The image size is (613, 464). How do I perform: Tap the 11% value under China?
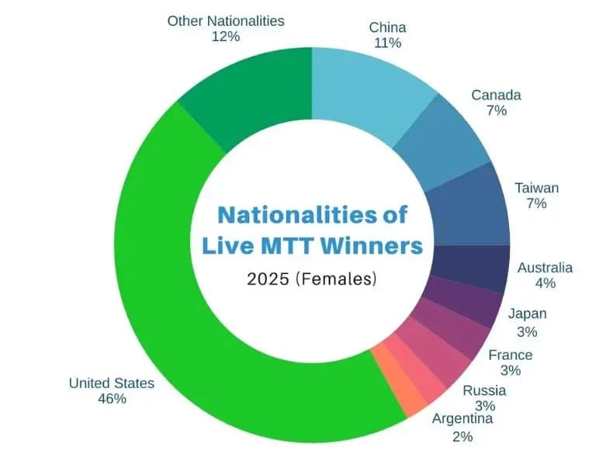(x=387, y=43)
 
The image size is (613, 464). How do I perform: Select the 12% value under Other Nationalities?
(x=226, y=36)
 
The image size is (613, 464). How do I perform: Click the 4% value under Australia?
(x=545, y=283)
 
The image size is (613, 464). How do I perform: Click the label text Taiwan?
(x=536, y=188)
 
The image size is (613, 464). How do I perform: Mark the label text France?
(x=510, y=355)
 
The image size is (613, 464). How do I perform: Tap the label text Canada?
(x=496, y=95)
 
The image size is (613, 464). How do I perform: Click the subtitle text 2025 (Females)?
(x=313, y=278)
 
